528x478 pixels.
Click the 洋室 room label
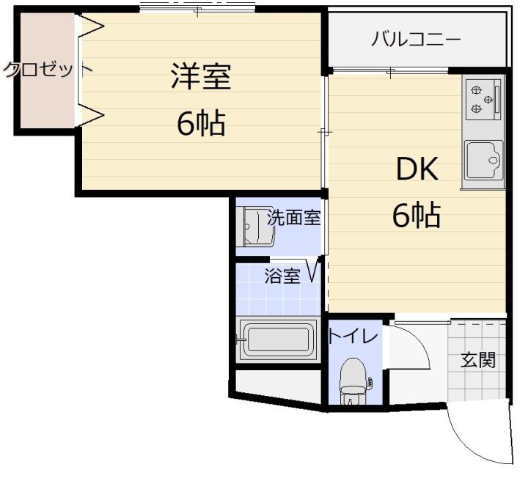click(x=201, y=76)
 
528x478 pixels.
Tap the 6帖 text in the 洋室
click(x=201, y=123)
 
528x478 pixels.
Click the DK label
click(x=417, y=169)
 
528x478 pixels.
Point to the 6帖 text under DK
click(x=417, y=215)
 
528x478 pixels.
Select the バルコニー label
click(x=416, y=39)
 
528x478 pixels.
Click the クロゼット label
click(x=47, y=70)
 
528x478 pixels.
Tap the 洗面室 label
click(x=293, y=218)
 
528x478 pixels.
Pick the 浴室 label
click(x=282, y=276)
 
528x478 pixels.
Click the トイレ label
click(x=353, y=336)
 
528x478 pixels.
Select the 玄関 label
click(x=478, y=360)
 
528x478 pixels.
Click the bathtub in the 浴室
click(x=277, y=339)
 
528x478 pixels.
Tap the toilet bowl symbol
click(x=353, y=380)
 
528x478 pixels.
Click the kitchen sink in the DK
click(x=483, y=161)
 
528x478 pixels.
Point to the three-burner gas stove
click(x=483, y=99)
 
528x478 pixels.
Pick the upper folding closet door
click(x=91, y=26)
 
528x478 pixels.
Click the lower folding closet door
click(x=91, y=114)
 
